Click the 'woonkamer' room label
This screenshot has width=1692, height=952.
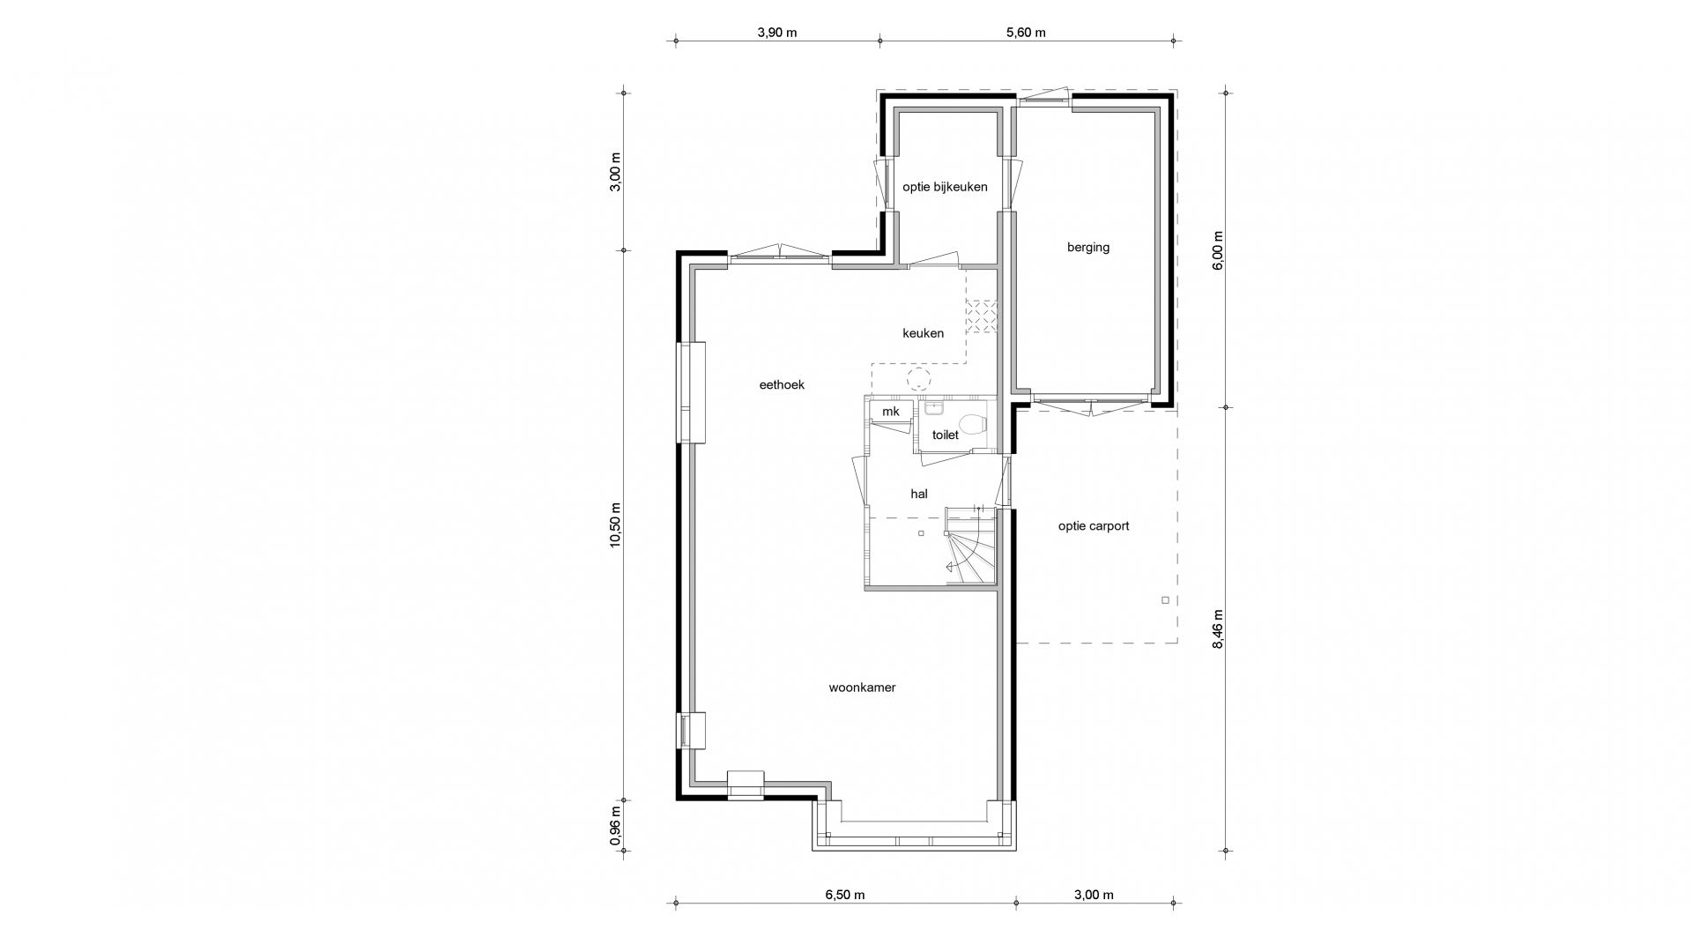pos(862,688)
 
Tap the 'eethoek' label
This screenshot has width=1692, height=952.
pos(782,385)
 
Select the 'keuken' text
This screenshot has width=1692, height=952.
pos(923,333)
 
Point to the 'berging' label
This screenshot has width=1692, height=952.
pos(1088,248)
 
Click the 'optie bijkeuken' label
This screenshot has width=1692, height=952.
pos(945,187)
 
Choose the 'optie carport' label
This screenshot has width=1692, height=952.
pos(1094,526)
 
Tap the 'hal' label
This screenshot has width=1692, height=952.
pos(919,495)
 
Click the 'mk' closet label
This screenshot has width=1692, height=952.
pos(891,412)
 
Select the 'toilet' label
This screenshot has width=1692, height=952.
pos(945,435)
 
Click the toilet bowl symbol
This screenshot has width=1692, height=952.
pos(971,425)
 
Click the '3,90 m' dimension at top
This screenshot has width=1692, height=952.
pos(776,33)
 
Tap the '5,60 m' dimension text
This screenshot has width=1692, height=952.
pos(1026,33)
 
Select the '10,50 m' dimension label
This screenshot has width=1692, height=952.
pos(616,525)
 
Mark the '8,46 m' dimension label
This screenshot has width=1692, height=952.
pos(1218,629)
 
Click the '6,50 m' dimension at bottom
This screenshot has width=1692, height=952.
pos(844,895)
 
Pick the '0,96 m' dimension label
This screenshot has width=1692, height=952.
pos(616,827)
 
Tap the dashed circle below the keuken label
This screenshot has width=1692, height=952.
pos(919,380)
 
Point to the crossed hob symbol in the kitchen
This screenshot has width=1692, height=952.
pos(981,317)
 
